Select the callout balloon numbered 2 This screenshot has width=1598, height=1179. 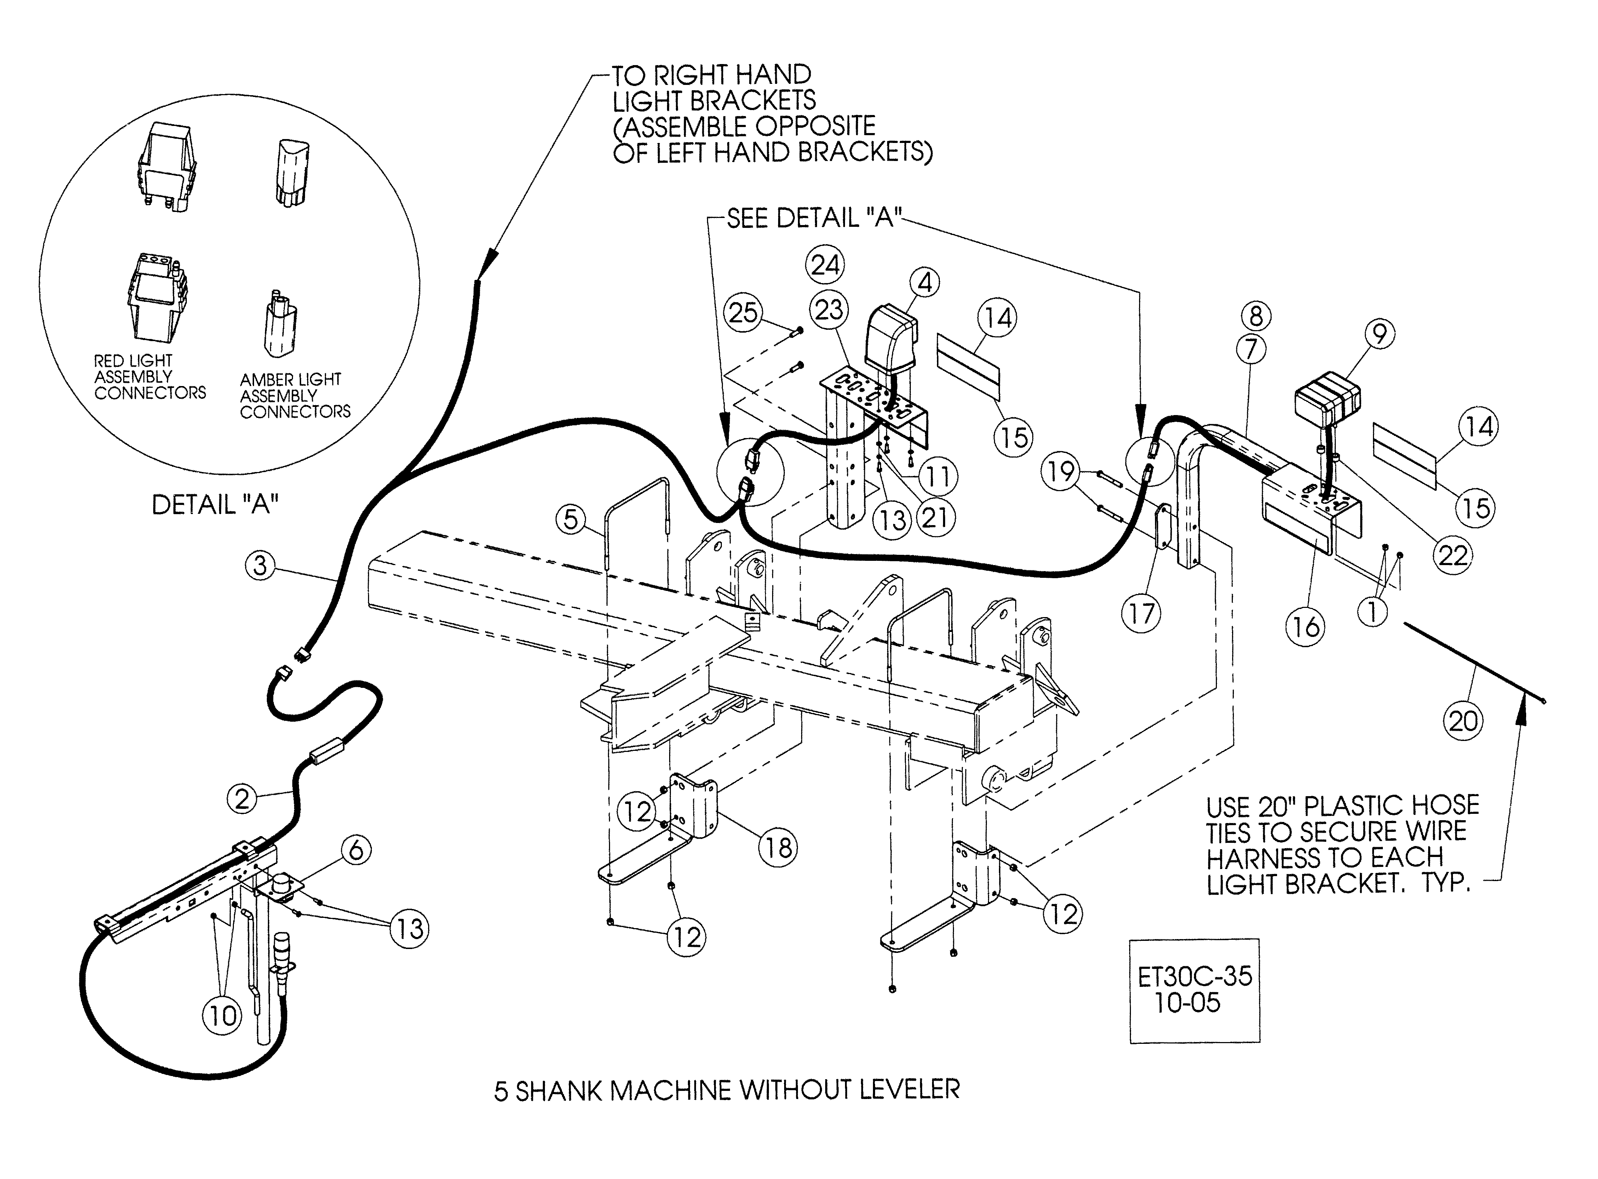coord(242,798)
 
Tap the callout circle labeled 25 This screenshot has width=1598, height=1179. coord(742,312)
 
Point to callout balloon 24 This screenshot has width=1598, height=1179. coord(825,265)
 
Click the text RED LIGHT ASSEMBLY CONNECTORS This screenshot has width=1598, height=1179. coord(149,377)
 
